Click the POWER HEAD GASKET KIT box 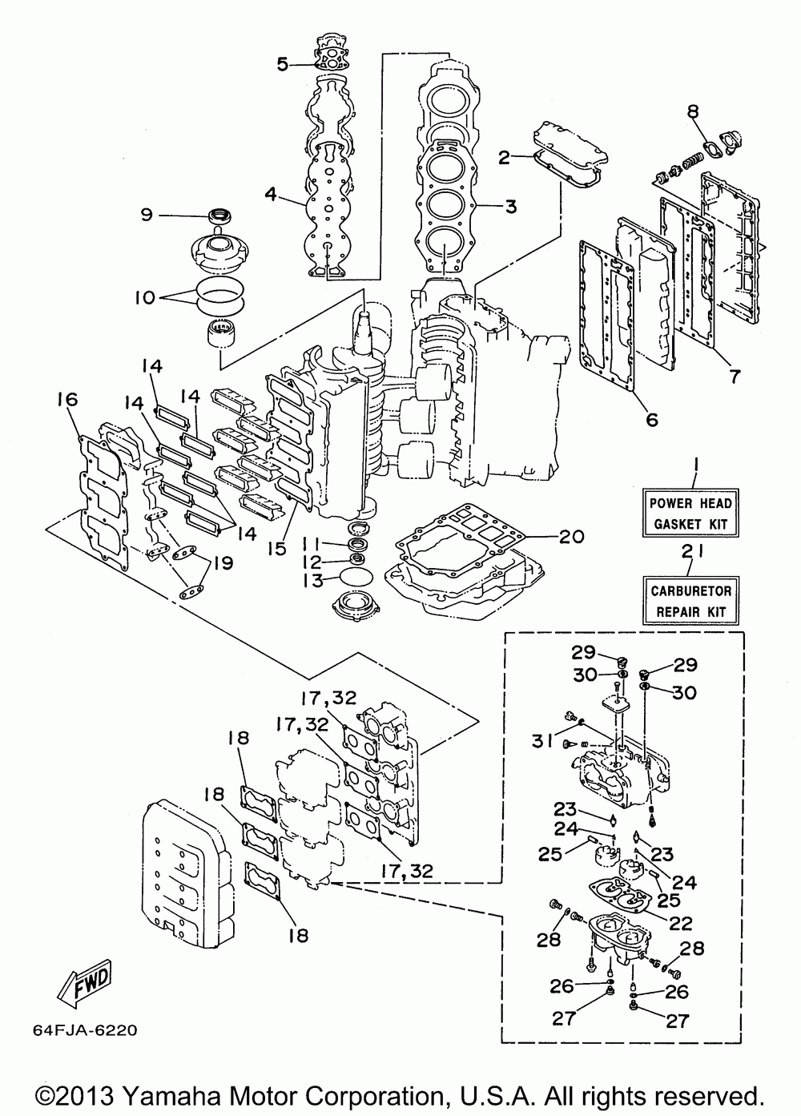coord(690,512)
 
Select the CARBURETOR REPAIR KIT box coord(690,601)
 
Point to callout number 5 coord(283,64)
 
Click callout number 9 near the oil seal coord(147,216)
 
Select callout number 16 coord(68,399)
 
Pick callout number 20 coord(571,537)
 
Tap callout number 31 coord(542,755)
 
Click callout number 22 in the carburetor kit coord(681,923)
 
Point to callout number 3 coord(511,206)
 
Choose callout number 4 coord(271,194)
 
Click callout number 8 coord(694,111)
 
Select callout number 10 coord(145,298)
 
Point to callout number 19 coord(223,563)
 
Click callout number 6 coord(652,419)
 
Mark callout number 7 coord(735,377)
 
